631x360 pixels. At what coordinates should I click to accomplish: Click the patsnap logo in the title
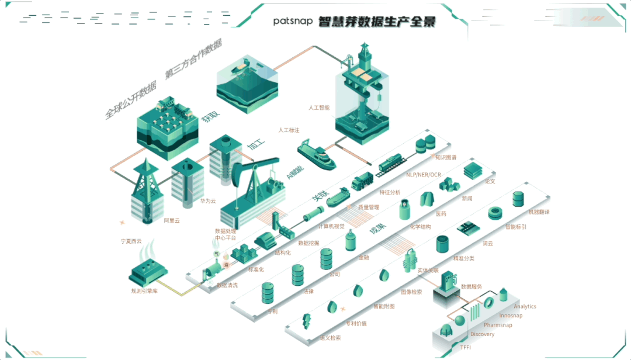point(293,21)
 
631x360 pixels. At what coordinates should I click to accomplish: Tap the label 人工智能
point(319,108)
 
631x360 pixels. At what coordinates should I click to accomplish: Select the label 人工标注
point(289,130)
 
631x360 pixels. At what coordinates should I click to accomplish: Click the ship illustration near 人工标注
point(316,154)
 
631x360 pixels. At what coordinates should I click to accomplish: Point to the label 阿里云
point(172,221)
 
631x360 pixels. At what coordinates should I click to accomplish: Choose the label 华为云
point(209,200)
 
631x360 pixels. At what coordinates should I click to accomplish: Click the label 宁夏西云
point(131,241)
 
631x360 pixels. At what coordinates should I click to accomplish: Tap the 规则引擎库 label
point(144,290)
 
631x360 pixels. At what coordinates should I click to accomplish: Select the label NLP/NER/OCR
point(424,175)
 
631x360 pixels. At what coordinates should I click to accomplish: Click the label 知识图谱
point(446,157)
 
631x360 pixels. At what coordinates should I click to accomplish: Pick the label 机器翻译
point(539,212)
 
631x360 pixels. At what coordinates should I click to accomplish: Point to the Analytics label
point(525,306)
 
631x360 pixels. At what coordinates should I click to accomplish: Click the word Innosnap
point(511,316)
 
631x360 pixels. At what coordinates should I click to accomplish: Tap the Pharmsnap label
point(498,325)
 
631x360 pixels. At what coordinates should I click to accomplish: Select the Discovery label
point(482,334)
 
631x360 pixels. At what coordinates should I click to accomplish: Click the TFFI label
point(465,348)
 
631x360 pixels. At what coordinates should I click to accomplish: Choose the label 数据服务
point(471,286)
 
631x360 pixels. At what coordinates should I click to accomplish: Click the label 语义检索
point(330,338)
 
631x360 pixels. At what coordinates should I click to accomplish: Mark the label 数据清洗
point(227,285)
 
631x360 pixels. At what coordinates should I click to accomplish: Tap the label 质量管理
point(368,207)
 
